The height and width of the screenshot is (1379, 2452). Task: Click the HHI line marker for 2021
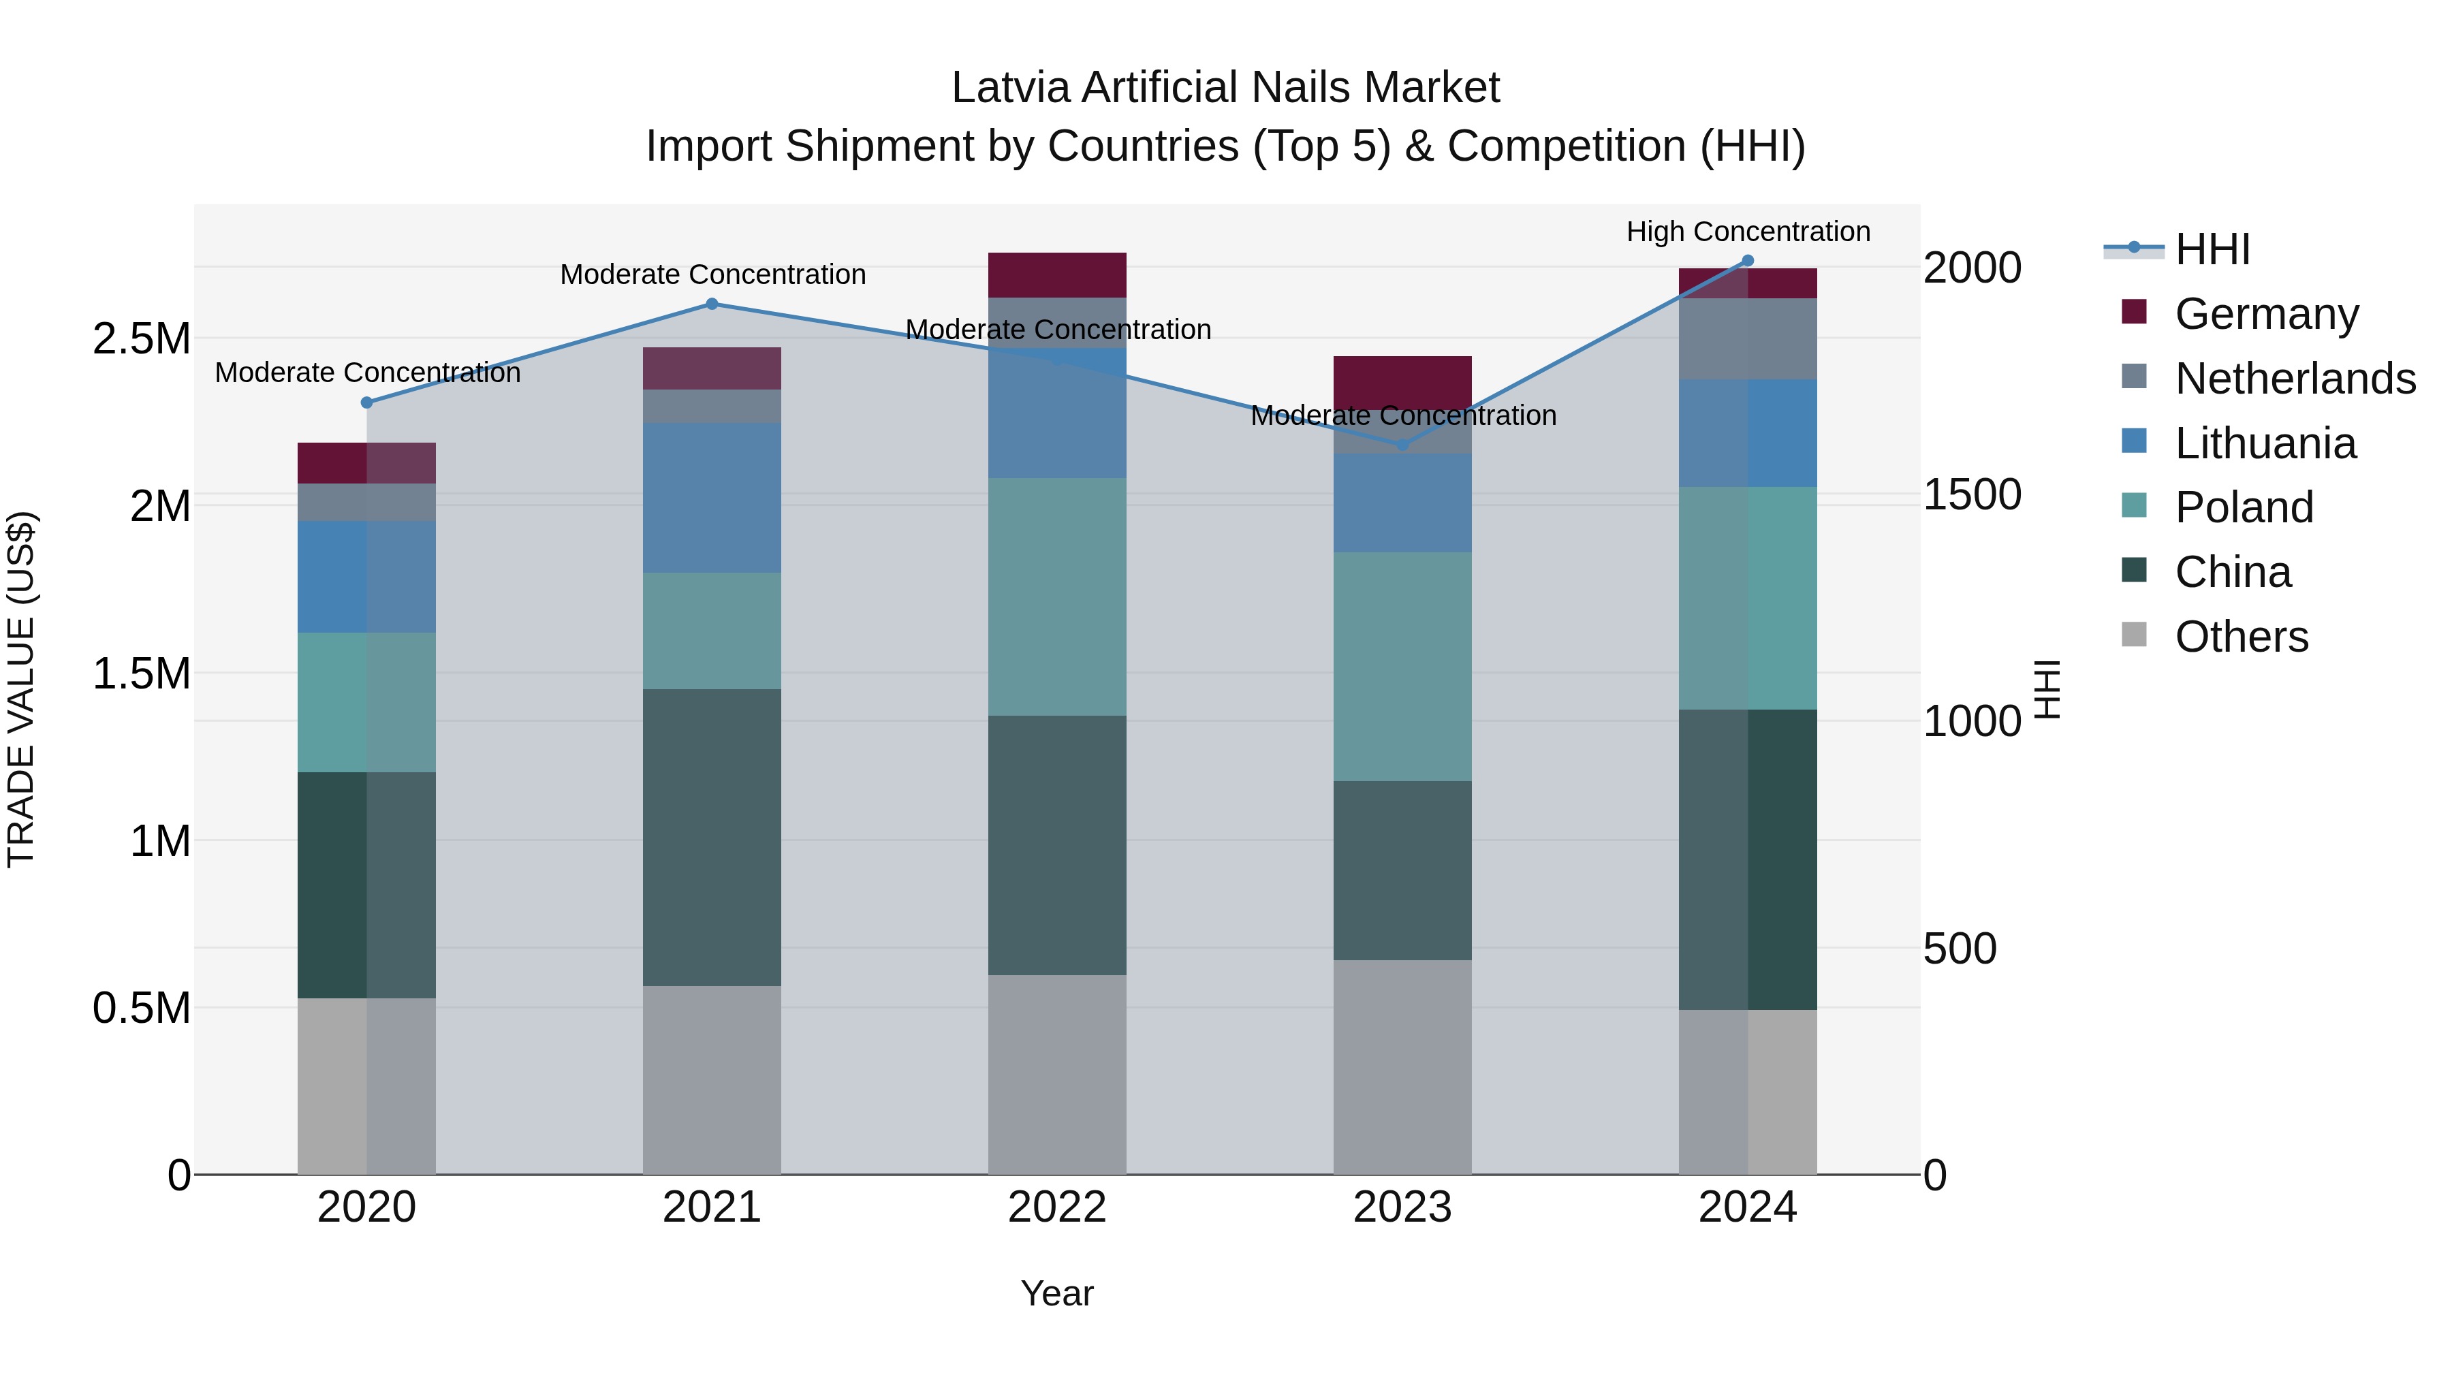click(712, 304)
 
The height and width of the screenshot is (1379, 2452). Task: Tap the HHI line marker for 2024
click(1748, 261)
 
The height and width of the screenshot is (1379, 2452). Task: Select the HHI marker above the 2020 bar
click(366, 402)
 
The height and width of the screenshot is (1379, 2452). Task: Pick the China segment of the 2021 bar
click(712, 838)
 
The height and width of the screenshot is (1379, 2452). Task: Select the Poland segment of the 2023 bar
click(1402, 666)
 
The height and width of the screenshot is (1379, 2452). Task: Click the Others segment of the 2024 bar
click(1748, 1092)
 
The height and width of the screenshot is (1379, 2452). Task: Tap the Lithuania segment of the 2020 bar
click(366, 577)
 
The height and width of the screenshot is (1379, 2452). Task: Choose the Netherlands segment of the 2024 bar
click(1748, 339)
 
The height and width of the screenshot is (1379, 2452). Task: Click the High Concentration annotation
click(1748, 232)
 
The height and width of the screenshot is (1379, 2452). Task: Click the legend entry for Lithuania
click(2265, 443)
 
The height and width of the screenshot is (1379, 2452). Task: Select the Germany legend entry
click(2266, 314)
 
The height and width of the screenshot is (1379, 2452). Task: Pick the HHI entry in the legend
click(2212, 249)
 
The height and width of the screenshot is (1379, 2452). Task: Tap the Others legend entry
click(2241, 637)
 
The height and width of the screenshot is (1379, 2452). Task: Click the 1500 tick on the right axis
click(1971, 495)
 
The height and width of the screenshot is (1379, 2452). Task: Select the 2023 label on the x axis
click(1402, 1207)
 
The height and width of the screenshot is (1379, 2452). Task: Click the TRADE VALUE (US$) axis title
click(21, 689)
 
